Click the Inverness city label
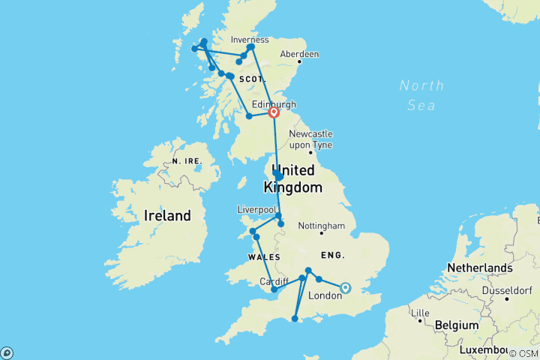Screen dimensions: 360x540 pos(250,39)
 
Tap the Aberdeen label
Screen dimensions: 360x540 pos(299,54)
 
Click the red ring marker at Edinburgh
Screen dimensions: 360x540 pos(274,112)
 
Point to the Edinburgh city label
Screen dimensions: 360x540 pos(274,103)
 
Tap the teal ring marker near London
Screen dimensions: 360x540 pos(346,287)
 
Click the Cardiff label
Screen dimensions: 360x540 pos(274,281)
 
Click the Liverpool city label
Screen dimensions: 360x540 pos(257,208)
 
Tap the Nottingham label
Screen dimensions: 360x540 pos(320,226)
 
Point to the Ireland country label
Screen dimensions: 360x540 pos(167,216)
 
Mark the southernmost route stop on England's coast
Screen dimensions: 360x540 pos(295,319)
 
